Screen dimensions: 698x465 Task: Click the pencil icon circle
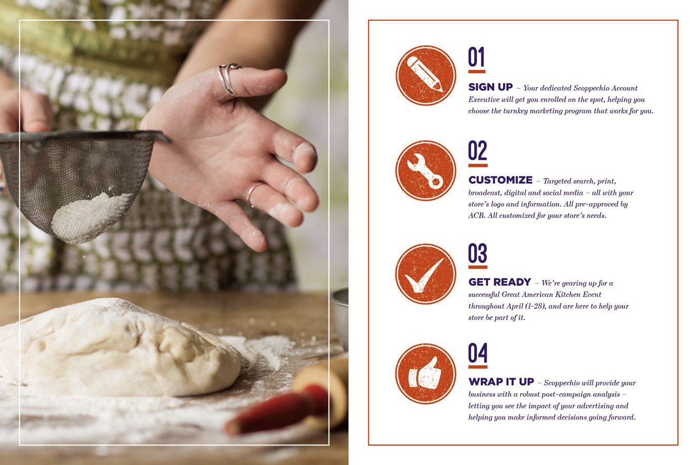[426, 75]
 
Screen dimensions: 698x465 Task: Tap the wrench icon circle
[426, 171]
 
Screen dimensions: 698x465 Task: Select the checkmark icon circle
[426, 274]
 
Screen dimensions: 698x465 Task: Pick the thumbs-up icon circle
[426, 374]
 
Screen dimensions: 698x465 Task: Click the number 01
[476, 57]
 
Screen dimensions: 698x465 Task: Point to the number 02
[477, 150]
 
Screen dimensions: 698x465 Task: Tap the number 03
[477, 253]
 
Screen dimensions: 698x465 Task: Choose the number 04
[478, 353]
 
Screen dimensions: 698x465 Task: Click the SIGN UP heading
[491, 87]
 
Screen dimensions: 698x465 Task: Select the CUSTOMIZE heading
[500, 180]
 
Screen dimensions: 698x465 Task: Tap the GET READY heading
[499, 282]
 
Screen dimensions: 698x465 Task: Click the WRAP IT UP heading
[501, 381]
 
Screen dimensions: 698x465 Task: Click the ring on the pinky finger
[252, 194]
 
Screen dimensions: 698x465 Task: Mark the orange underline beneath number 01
[477, 72]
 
